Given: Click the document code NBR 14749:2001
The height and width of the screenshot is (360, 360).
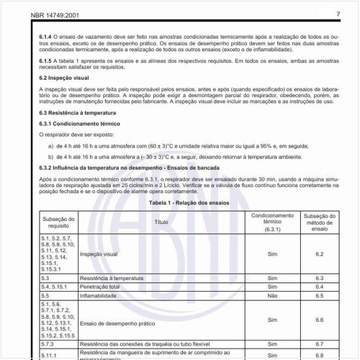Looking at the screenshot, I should (34, 14).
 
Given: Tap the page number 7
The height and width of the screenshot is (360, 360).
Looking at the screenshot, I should (338, 14).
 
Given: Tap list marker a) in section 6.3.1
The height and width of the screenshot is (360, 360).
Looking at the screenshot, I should (50, 145).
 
